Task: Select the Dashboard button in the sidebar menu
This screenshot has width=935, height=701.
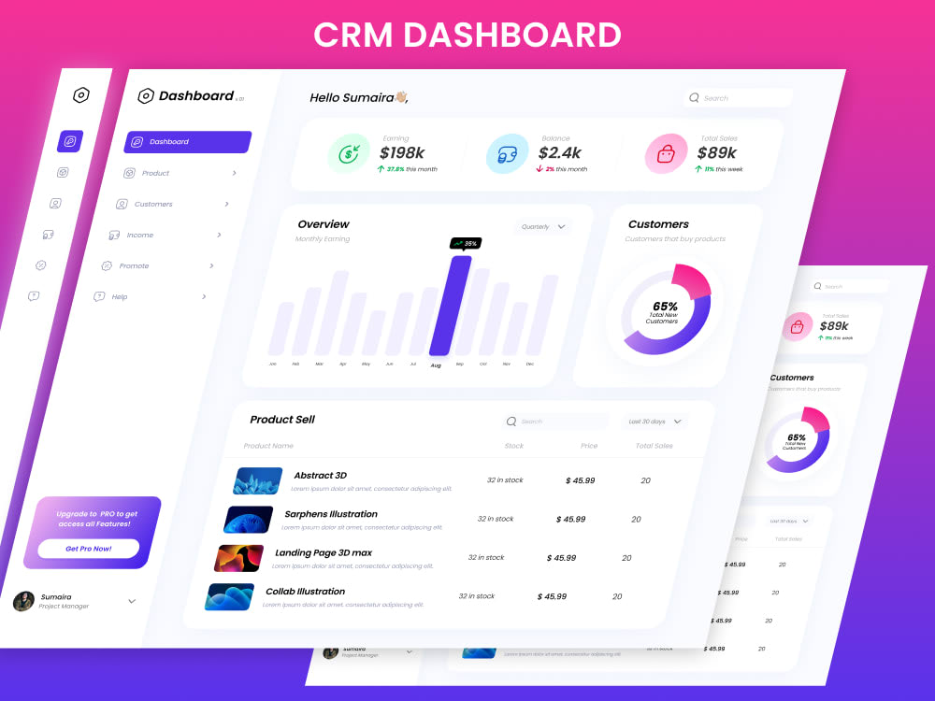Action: click(x=187, y=142)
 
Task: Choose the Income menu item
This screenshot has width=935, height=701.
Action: click(x=139, y=235)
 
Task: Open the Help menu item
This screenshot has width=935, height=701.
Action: click(x=119, y=296)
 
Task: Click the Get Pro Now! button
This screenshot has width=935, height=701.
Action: click(x=89, y=549)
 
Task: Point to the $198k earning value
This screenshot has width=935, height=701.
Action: click(x=402, y=152)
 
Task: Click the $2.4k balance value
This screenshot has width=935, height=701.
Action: click(x=560, y=152)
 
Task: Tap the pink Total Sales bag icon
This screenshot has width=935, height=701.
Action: click(x=666, y=154)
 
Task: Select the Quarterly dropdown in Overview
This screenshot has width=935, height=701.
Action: click(x=543, y=226)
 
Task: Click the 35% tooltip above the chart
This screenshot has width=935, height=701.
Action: click(x=465, y=243)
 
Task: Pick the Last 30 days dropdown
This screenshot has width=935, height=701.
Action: click(x=654, y=422)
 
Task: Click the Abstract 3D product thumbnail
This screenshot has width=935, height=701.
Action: click(x=258, y=480)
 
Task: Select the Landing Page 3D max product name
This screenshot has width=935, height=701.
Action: click(x=323, y=553)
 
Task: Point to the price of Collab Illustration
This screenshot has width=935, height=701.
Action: click(x=552, y=596)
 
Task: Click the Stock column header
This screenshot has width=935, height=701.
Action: click(x=513, y=446)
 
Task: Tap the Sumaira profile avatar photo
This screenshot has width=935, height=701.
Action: click(x=23, y=601)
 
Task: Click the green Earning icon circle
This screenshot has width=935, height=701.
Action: click(x=350, y=154)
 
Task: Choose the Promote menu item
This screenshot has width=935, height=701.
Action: click(x=133, y=265)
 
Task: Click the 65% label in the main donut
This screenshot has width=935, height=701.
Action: click(x=665, y=307)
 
